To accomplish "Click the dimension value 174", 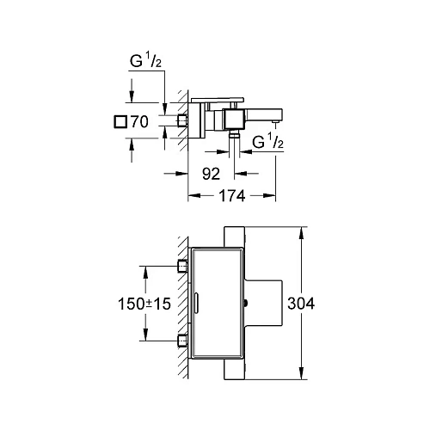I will [x=230, y=196].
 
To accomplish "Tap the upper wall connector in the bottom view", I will [x=181, y=265].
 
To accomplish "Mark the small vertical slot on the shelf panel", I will [x=197, y=303].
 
